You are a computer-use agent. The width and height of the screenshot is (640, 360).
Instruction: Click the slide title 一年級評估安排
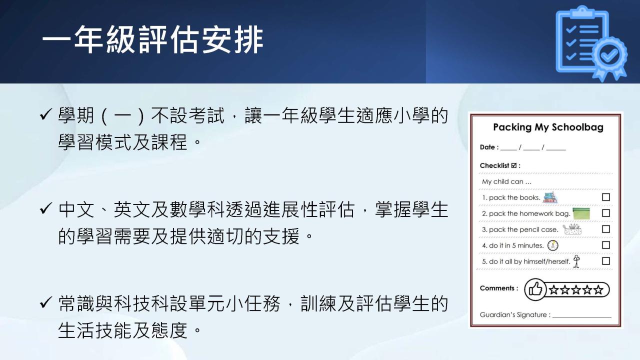click(x=153, y=39)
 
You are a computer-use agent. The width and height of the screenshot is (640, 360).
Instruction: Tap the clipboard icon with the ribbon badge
click(x=591, y=43)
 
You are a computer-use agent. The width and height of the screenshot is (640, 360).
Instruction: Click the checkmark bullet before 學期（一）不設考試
click(x=46, y=114)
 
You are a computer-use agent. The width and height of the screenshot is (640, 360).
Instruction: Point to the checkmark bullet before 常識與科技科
click(x=46, y=302)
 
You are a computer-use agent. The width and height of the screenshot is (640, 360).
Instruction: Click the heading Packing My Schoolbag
click(x=548, y=127)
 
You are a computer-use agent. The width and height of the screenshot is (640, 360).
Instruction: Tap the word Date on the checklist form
click(x=487, y=147)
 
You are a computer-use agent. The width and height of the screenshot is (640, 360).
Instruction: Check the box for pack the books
click(x=605, y=197)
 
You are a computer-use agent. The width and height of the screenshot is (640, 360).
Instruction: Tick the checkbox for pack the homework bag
click(x=605, y=213)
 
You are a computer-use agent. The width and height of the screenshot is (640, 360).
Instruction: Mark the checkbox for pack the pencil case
click(x=605, y=229)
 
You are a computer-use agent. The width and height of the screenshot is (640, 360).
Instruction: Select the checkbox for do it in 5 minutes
click(x=605, y=245)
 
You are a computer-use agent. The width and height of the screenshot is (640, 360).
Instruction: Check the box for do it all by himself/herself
click(x=605, y=261)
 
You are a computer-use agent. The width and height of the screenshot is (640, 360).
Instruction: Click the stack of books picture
click(x=550, y=197)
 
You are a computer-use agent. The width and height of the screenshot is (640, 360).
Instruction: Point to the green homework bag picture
click(x=581, y=213)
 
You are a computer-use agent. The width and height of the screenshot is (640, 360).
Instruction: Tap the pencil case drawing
click(x=572, y=229)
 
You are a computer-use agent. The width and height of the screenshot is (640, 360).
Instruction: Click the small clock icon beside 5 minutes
click(x=552, y=245)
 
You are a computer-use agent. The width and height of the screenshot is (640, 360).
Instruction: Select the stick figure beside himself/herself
click(x=577, y=261)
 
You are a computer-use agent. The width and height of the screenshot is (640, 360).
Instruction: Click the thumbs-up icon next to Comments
click(x=535, y=289)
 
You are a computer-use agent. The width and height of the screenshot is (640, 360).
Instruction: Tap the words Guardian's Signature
click(x=515, y=315)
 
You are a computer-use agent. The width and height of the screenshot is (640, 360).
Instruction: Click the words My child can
click(x=506, y=181)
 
